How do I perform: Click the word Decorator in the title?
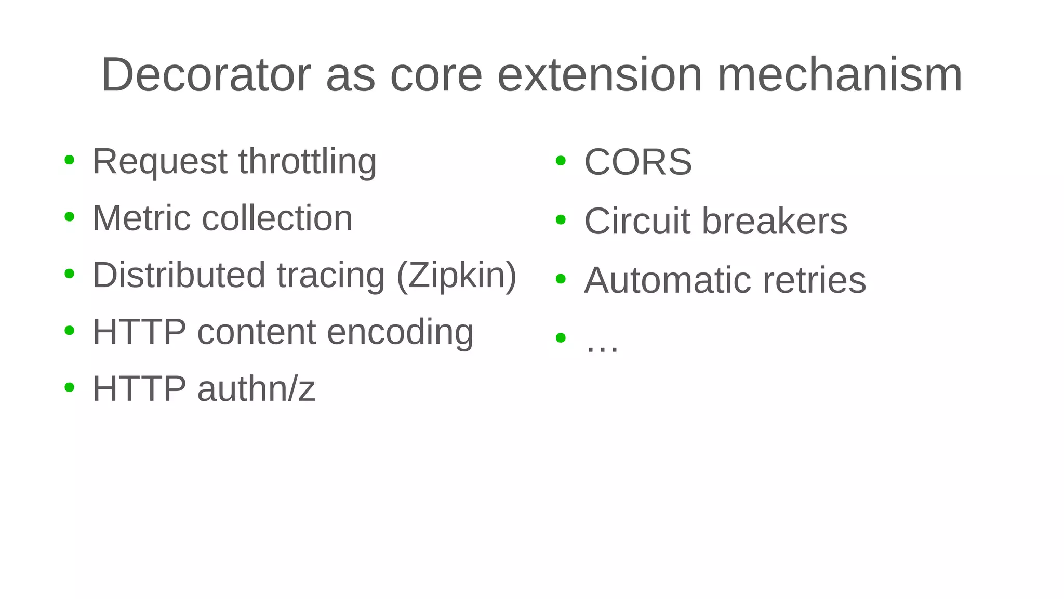[206, 75]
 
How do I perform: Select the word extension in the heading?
[600, 75]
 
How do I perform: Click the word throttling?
[308, 162]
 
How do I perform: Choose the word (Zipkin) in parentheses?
[457, 275]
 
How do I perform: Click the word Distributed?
[179, 275]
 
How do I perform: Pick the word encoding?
[400, 332]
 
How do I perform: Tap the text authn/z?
[256, 389]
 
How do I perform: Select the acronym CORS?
[638, 162]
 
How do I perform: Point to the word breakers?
[775, 222]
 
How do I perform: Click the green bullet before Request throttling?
[69, 160]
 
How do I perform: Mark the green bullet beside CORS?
[560, 161]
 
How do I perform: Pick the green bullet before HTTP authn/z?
[69, 387]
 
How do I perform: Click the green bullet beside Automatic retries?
[560, 279]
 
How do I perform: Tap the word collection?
[277, 218]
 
